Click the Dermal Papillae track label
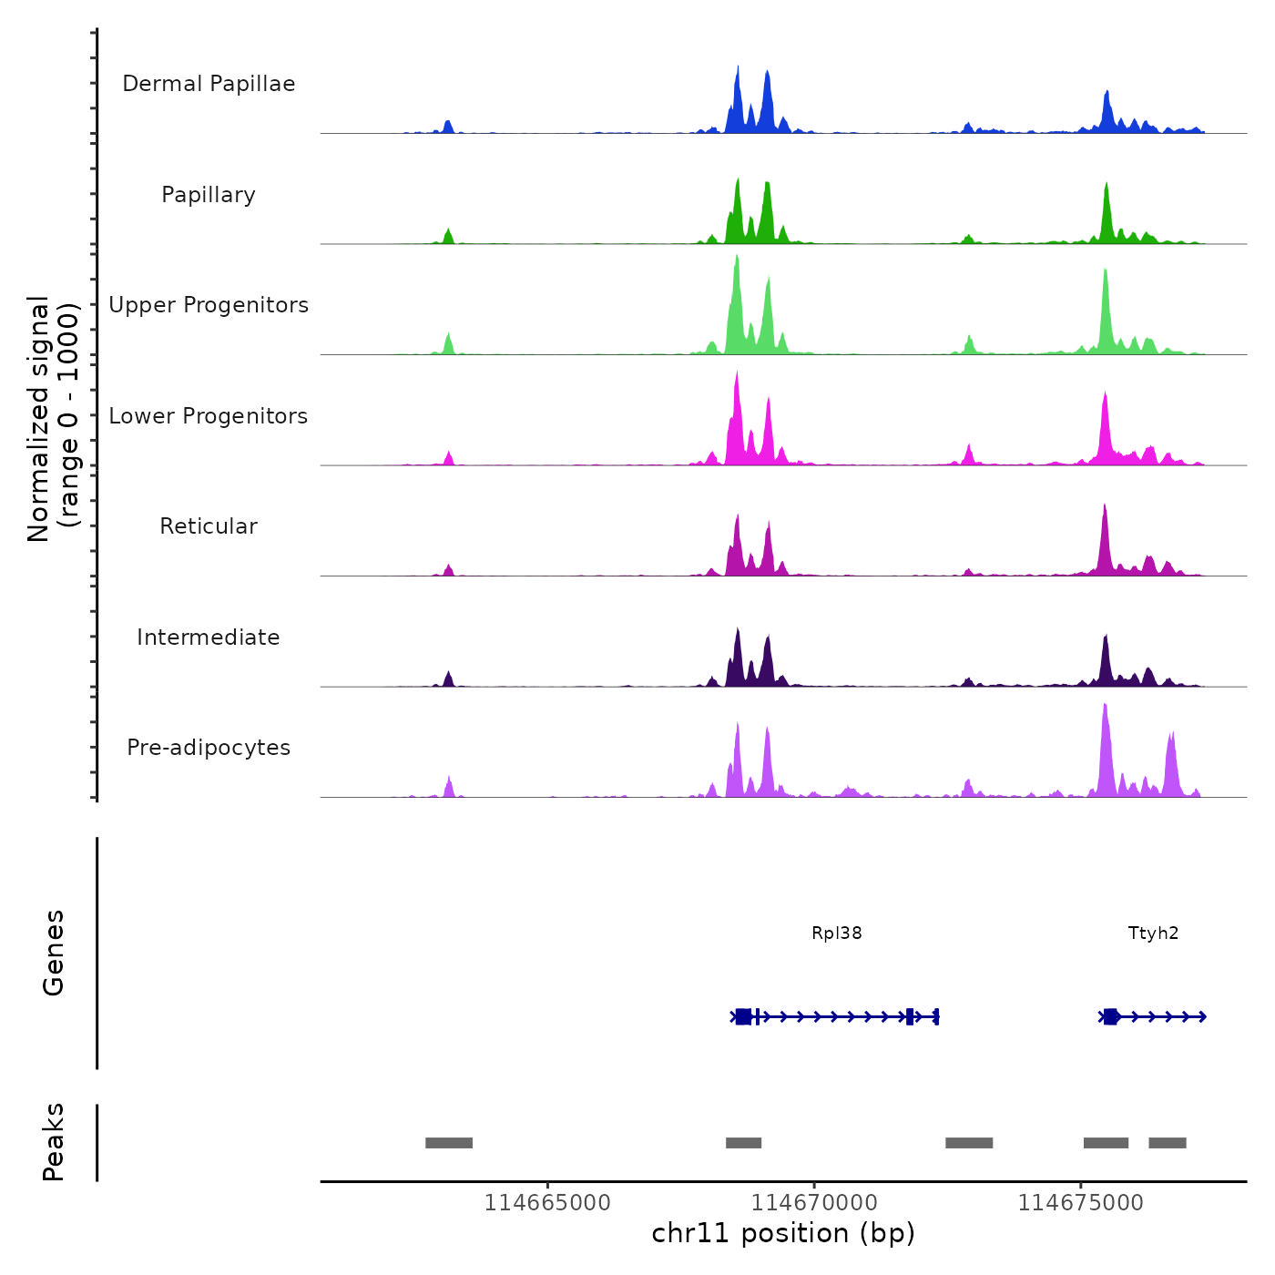pos(209,84)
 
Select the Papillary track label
pos(209,195)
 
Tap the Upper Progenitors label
pos(209,305)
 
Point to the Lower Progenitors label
pos(209,416)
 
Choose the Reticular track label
pos(209,526)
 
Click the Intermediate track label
pos(209,637)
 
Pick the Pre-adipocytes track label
pos(209,748)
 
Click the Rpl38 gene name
pos(836,933)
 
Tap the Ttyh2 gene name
pos(1153,933)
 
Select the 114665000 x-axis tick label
pos(546,1202)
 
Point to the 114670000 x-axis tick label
pos(814,1202)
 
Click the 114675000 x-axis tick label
pos(1080,1202)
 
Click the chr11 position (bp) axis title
pos(783,1233)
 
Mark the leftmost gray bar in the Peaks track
pos(449,1143)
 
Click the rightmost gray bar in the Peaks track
pos(1167,1143)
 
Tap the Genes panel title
pos(53,953)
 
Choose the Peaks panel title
pos(53,1142)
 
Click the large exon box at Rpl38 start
pos(743,1016)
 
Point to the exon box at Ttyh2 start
pos(1110,1016)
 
